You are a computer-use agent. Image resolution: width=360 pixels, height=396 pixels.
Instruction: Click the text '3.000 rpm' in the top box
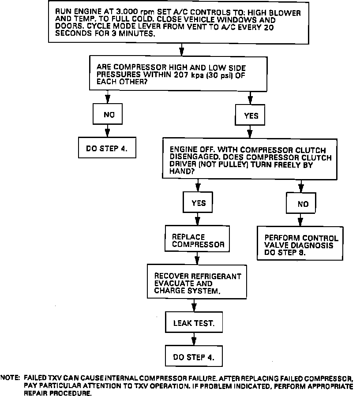tap(129, 13)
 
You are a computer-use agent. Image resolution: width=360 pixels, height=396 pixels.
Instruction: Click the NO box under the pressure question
tap(109, 115)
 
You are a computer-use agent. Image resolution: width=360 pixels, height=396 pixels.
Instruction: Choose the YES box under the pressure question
tap(251, 116)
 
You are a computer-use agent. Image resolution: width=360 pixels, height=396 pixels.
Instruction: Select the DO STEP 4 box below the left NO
tap(106, 149)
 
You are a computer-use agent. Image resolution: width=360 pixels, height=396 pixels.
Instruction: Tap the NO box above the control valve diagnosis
tap(303, 204)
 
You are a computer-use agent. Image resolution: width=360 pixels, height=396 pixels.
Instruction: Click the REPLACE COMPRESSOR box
tap(198, 240)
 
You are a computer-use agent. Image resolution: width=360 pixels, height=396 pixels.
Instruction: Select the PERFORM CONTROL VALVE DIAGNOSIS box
tap(301, 242)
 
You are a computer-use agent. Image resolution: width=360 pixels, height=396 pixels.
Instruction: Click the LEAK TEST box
tap(194, 323)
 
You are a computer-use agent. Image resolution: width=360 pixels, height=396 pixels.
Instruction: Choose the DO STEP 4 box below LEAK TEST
tap(194, 357)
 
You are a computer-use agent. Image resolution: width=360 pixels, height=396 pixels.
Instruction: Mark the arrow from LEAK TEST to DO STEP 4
tap(194, 339)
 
